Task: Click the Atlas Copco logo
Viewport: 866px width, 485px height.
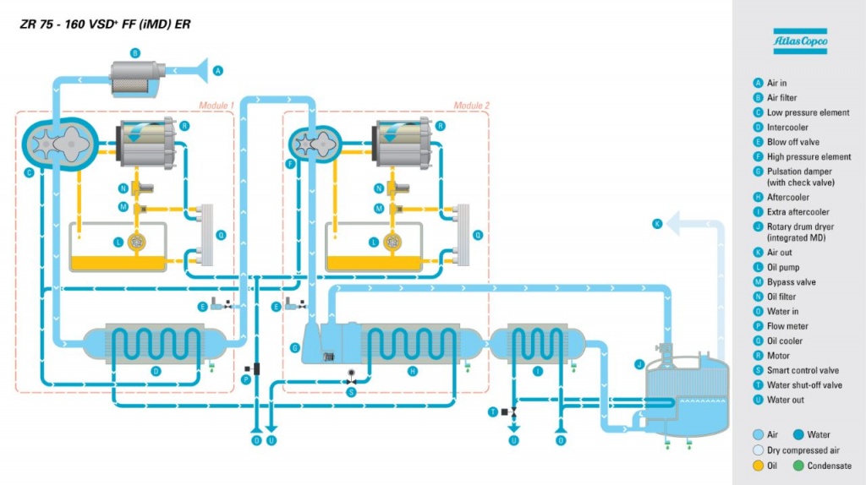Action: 799,41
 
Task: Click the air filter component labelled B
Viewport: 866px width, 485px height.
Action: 139,79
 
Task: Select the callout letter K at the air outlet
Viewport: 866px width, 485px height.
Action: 657,223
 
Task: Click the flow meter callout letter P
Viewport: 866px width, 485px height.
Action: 246,380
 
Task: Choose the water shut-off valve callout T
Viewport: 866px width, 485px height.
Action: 492,411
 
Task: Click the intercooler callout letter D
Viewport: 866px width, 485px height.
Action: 156,371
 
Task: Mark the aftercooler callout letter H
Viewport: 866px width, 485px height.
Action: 413,371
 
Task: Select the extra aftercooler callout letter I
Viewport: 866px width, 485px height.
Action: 538,371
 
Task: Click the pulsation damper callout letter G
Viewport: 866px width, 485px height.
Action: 294,347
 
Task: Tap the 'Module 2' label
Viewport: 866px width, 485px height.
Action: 471,106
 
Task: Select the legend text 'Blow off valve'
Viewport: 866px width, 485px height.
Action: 792,142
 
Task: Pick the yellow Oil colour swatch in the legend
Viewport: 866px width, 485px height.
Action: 758,466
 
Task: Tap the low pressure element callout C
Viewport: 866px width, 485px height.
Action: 29,173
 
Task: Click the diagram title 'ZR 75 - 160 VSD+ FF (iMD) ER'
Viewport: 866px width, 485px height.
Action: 106,25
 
